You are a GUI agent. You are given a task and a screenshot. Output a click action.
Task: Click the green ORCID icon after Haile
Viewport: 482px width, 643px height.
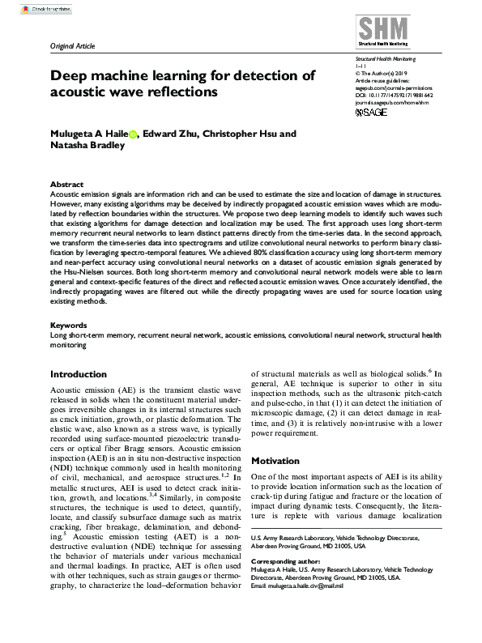point(133,135)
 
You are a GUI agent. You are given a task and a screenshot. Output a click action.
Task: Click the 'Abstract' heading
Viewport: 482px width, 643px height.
point(66,185)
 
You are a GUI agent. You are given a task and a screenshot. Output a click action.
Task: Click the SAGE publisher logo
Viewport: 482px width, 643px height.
point(373,113)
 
